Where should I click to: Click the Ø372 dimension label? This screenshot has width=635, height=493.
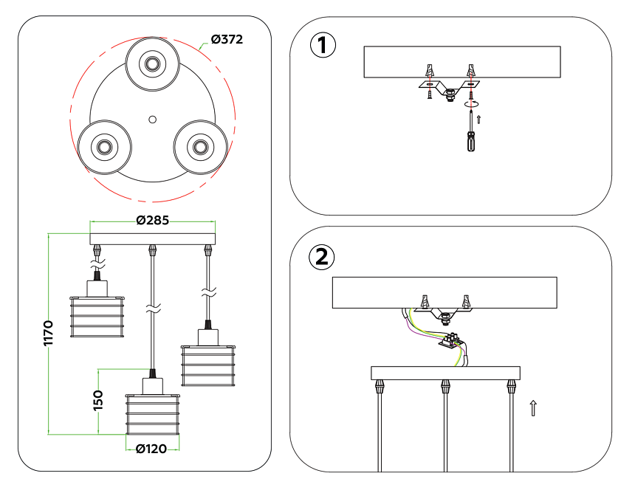coord(227,38)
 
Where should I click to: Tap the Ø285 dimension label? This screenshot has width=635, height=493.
coord(152,220)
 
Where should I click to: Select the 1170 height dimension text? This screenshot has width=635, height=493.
coord(49,334)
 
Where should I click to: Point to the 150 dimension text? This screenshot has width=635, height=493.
coord(97,401)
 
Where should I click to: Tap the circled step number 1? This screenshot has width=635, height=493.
coord(322,45)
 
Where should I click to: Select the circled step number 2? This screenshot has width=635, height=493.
coord(322,257)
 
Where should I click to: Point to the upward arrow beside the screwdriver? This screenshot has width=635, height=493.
coord(480,118)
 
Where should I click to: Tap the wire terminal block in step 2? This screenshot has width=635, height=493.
coord(452,342)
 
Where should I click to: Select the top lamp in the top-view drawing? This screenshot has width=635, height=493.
coord(152,64)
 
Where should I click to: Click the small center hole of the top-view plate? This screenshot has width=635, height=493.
coord(152,118)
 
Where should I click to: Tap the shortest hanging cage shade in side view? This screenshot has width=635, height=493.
coord(97,317)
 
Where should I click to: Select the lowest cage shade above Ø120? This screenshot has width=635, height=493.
coord(152,416)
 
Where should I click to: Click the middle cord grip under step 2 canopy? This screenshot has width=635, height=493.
coord(445,386)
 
